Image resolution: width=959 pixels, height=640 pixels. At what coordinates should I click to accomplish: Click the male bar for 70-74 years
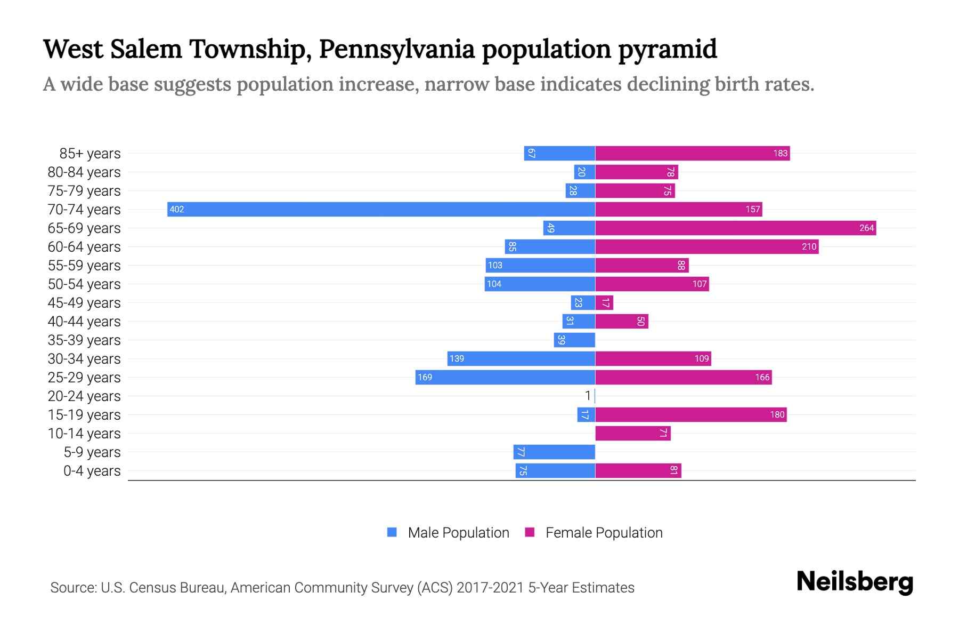(x=381, y=209)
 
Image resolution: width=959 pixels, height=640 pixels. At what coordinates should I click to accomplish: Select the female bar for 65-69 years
(x=735, y=228)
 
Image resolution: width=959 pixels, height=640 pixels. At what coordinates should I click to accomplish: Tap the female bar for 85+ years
(x=692, y=153)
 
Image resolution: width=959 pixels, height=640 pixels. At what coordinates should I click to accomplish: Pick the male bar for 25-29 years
(x=505, y=377)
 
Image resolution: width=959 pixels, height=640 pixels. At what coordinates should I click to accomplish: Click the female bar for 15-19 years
(x=690, y=414)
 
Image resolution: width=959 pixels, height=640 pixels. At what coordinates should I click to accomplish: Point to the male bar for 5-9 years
(x=554, y=452)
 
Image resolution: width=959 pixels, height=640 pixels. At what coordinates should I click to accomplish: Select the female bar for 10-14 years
(x=632, y=433)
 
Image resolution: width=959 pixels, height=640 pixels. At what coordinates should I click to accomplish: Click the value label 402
(x=177, y=209)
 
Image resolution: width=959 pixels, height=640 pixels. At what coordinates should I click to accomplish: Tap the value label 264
(x=866, y=228)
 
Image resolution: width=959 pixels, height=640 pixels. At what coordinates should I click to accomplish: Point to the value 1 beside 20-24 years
(x=588, y=396)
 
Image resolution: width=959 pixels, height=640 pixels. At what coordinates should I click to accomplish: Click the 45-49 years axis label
(x=84, y=302)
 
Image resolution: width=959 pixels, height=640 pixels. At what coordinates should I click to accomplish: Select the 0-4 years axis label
(x=92, y=470)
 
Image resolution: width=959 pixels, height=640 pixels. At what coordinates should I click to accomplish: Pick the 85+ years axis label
(x=90, y=153)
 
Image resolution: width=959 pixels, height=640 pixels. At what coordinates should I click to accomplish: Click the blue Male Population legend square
(x=392, y=532)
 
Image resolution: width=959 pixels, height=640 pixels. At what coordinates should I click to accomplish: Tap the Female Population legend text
(x=604, y=532)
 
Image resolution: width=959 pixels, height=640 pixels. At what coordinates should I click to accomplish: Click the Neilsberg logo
(x=855, y=581)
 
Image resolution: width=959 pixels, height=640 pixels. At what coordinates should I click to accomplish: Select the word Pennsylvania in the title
(x=397, y=49)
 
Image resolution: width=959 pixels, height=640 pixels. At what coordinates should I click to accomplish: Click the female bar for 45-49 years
(x=604, y=302)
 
